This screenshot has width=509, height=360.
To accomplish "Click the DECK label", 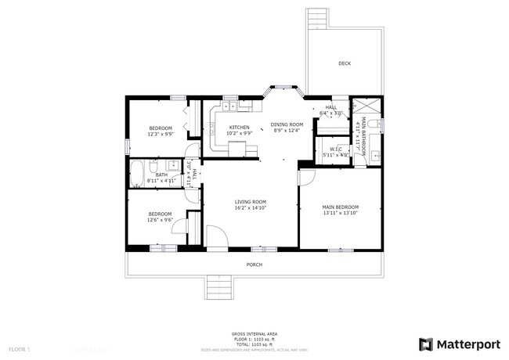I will pos(345,63).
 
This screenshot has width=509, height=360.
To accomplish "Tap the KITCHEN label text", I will pos(239,128).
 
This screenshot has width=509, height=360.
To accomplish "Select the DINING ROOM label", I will pos(287,124).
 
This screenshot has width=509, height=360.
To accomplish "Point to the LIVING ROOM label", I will pos(251,202).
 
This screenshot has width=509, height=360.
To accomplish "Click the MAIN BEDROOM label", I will pos(340,207).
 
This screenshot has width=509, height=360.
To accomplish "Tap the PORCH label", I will pos(254,265).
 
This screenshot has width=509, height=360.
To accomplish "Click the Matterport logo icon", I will pos(426,344).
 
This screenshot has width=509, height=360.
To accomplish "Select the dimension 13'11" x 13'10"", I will pos(340,214).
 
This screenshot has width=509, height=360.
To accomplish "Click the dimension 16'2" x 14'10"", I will pos(251,208).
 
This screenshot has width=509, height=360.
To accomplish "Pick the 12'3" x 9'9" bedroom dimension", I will pos(161,134).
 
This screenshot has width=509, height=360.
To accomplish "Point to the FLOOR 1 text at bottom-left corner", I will pos(19,348).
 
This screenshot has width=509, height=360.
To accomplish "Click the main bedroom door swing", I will pos(306,178).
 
